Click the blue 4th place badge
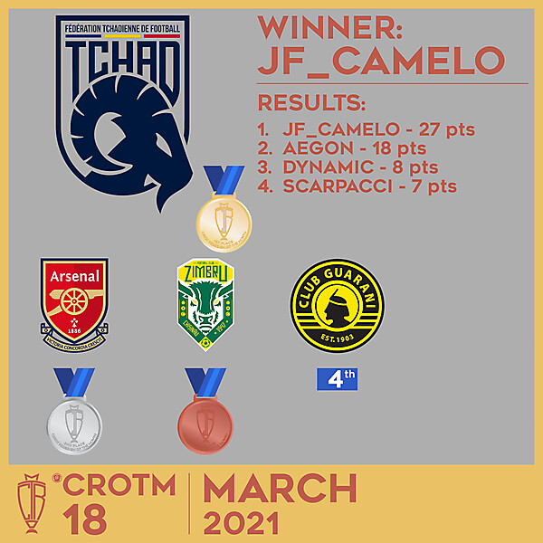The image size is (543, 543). (x=337, y=378)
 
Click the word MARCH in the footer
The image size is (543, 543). (x=279, y=489)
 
